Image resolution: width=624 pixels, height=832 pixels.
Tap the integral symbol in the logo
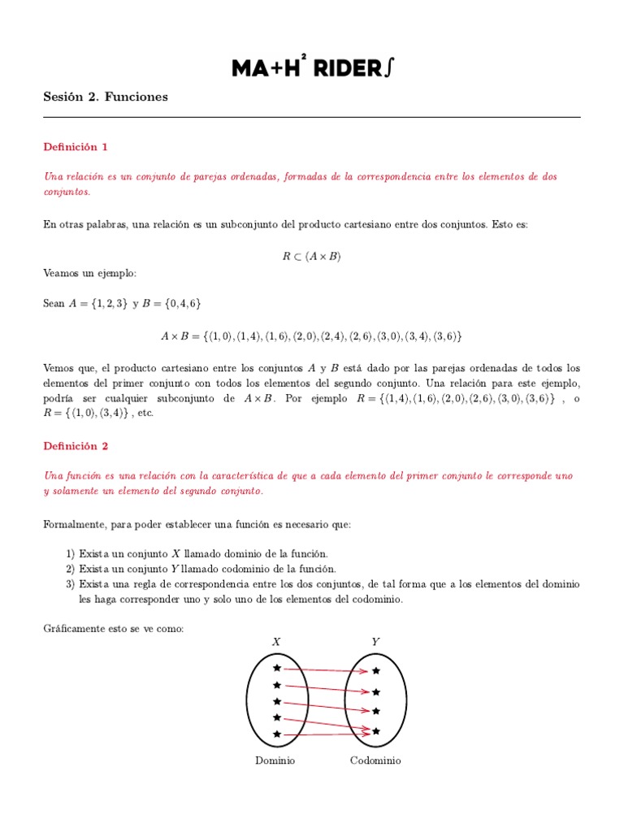tap(390, 68)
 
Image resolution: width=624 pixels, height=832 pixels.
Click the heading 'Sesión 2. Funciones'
tap(106, 97)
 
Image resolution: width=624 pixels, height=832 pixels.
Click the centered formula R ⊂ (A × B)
tap(312, 256)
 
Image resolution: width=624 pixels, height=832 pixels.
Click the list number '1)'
tap(71, 553)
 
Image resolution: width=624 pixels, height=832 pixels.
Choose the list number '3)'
tap(71, 584)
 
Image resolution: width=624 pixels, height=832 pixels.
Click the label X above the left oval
tap(276, 642)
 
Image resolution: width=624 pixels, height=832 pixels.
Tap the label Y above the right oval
tap(375, 642)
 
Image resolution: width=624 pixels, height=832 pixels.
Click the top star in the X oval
tap(277, 667)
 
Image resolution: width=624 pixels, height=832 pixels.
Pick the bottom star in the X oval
tap(277, 734)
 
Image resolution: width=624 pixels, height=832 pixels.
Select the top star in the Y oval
tap(375, 671)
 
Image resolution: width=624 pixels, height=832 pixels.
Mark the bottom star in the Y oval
tap(375, 731)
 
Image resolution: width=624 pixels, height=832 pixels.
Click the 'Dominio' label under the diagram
tap(275, 761)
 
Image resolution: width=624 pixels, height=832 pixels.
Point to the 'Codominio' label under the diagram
tap(375, 761)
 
